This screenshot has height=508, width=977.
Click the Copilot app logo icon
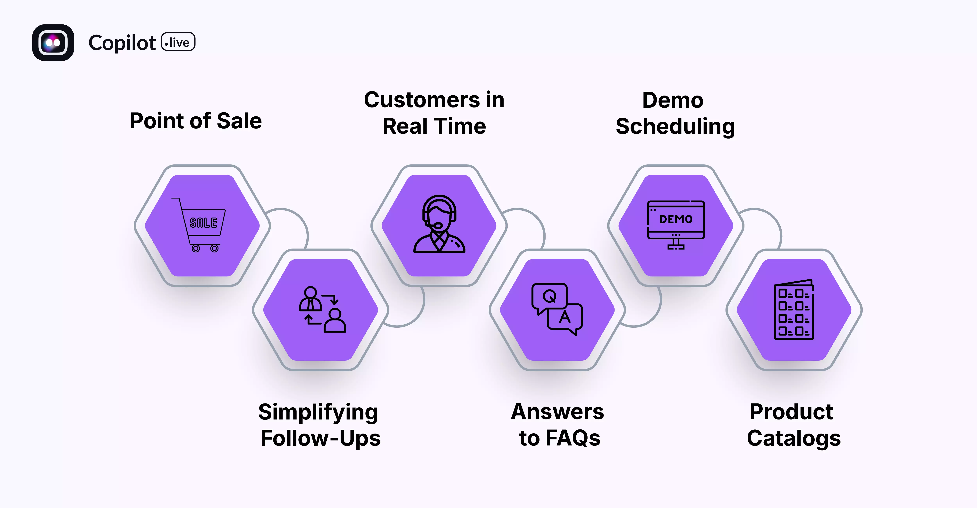pyautogui.click(x=53, y=42)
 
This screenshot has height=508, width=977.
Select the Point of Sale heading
pyautogui.click(x=196, y=121)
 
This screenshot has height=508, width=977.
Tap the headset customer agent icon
pyautogui.click(x=439, y=224)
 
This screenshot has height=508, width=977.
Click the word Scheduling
pyautogui.click(x=675, y=126)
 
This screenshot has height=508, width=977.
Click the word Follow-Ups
pyautogui.click(x=320, y=438)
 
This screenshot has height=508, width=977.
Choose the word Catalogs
pyautogui.click(x=794, y=438)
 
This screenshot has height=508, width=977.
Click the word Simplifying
pyautogui.click(x=318, y=412)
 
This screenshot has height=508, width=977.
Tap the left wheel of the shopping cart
pyautogui.click(x=196, y=249)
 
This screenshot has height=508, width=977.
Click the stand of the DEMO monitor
pyautogui.click(x=676, y=244)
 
